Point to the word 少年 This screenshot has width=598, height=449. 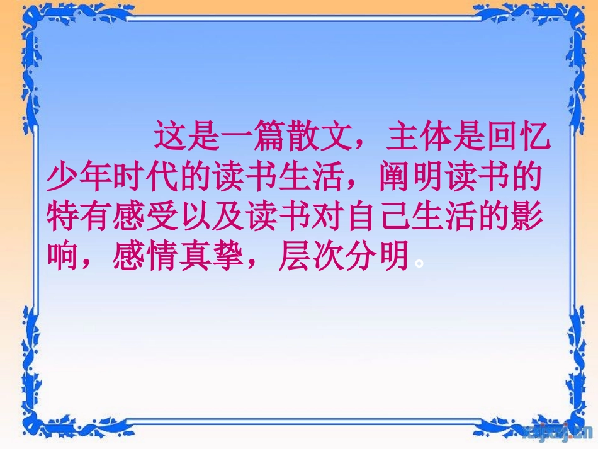(80, 179)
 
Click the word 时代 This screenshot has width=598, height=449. (145, 179)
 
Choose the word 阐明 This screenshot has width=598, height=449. (412, 179)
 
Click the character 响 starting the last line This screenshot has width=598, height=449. (64, 258)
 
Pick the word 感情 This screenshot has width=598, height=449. (145, 258)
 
